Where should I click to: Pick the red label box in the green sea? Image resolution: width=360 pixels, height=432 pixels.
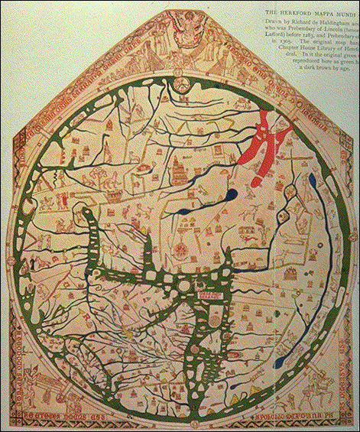(209, 292)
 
